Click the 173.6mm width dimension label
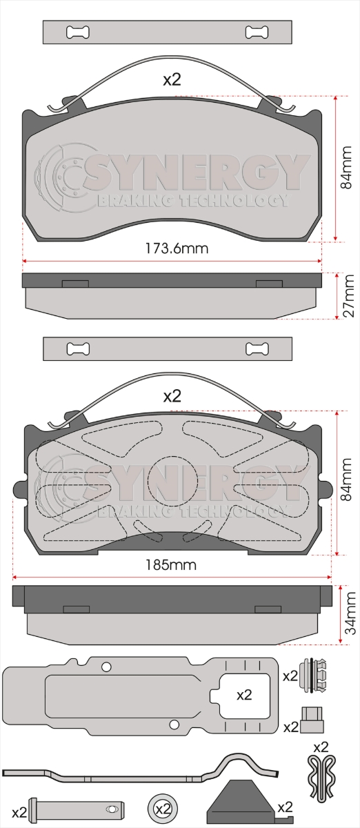(x=177, y=248)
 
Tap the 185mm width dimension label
(x=171, y=565)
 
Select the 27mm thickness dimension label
(x=348, y=296)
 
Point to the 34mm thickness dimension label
(x=350, y=613)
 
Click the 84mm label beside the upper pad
(x=346, y=168)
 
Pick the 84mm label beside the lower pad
(x=346, y=480)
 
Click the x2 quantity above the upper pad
(x=172, y=79)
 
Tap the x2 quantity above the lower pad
(x=172, y=396)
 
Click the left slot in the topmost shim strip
(x=78, y=32)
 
